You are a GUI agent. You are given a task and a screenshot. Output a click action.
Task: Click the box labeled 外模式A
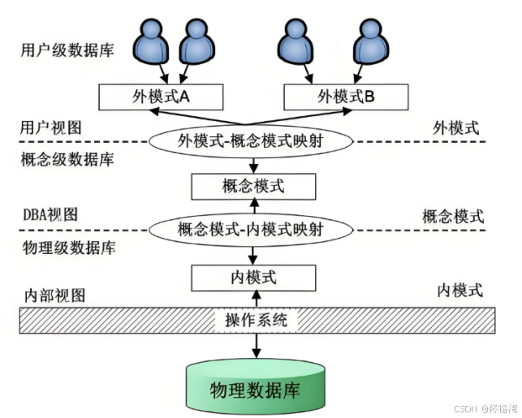tap(161, 97)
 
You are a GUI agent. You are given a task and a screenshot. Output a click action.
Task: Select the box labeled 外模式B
tap(346, 97)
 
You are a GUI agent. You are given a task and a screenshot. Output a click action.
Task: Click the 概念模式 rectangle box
tap(252, 186)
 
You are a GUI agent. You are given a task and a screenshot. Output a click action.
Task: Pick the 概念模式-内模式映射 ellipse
tap(250, 230)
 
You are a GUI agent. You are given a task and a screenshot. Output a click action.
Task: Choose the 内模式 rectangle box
tap(252, 278)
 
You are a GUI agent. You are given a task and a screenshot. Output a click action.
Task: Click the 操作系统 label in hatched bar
tap(256, 320)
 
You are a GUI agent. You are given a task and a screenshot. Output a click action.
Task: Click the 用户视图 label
tap(51, 127)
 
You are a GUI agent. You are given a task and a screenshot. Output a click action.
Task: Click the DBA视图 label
tap(50, 215)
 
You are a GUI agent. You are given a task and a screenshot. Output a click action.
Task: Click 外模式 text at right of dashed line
tap(455, 127)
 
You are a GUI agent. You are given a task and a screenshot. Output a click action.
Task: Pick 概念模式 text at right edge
tap(453, 216)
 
